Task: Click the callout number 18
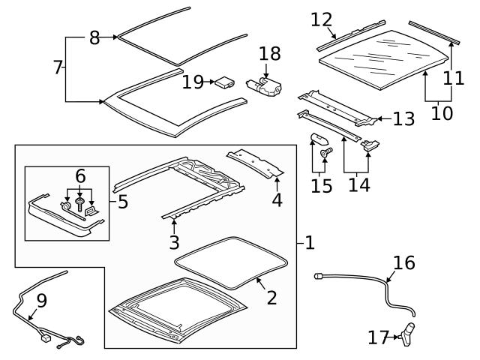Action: click(x=268, y=53)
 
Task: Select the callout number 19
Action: click(x=193, y=82)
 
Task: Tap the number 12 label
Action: click(x=321, y=20)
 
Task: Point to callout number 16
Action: click(x=403, y=262)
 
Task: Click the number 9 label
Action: click(x=41, y=301)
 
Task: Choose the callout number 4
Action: click(x=277, y=200)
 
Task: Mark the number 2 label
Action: click(x=271, y=298)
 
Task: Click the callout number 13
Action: click(x=403, y=118)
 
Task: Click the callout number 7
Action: click(x=58, y=68)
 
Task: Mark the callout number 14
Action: click(x=358, y=184)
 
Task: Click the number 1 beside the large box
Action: click(x=310, y=243)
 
